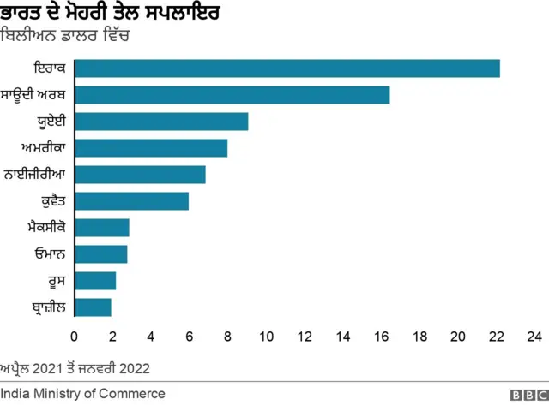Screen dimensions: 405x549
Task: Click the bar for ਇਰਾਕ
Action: (x=287, y=68)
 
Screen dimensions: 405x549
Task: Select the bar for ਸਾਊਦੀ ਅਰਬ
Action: (x=232, y=95)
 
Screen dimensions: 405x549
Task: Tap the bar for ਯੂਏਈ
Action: (x=161, y=122)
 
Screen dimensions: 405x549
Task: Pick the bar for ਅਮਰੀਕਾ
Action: (x=151, y=148)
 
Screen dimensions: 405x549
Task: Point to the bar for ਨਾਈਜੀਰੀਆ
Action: (x=140, y=175)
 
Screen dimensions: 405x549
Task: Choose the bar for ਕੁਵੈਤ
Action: (x=131, y=201)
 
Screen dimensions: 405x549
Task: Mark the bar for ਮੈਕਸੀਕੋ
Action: (x=102, y=228)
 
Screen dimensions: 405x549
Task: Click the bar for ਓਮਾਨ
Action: (x=101, y=254)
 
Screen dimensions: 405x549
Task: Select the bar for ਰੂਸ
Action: (x=95, y=281)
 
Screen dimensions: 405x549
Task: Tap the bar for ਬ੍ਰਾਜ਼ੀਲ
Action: (x=93, y=307)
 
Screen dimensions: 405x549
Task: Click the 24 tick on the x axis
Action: (x=534, y=336)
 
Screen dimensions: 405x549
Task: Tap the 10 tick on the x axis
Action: (x=266, y=336)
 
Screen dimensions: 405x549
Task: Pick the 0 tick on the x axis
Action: (x=75, y=336)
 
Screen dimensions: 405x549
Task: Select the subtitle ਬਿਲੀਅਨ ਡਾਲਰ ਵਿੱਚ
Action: (x=65, y=38)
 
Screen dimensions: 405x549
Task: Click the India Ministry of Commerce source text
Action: (x=82, y=393)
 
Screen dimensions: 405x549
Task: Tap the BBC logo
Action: (x=528, y=394)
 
